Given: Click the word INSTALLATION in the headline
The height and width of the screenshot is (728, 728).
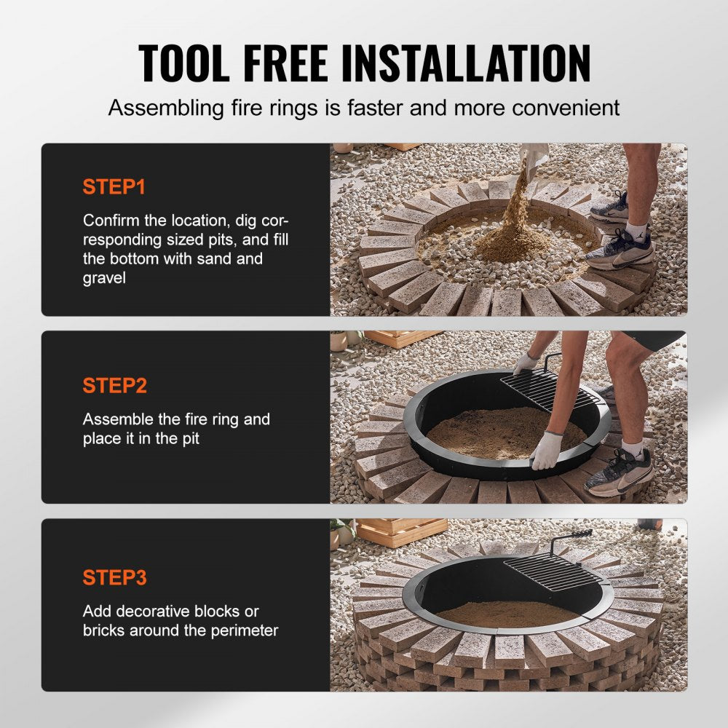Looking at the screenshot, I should coord(466,63).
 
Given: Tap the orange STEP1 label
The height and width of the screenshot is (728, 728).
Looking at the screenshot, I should coord(114,187).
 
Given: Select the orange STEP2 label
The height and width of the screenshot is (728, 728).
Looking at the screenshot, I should coord(115,386).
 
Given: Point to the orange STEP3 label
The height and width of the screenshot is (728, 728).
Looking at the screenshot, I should coord(115,578).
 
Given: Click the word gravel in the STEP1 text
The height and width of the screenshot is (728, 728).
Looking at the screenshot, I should coord(104,279).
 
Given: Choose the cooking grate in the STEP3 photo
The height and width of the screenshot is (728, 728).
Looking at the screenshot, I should coord(553,571).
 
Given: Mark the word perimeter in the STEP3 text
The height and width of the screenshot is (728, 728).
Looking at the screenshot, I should coord(242,630).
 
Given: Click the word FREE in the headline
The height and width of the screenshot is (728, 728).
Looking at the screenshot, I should coord(287,63).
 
